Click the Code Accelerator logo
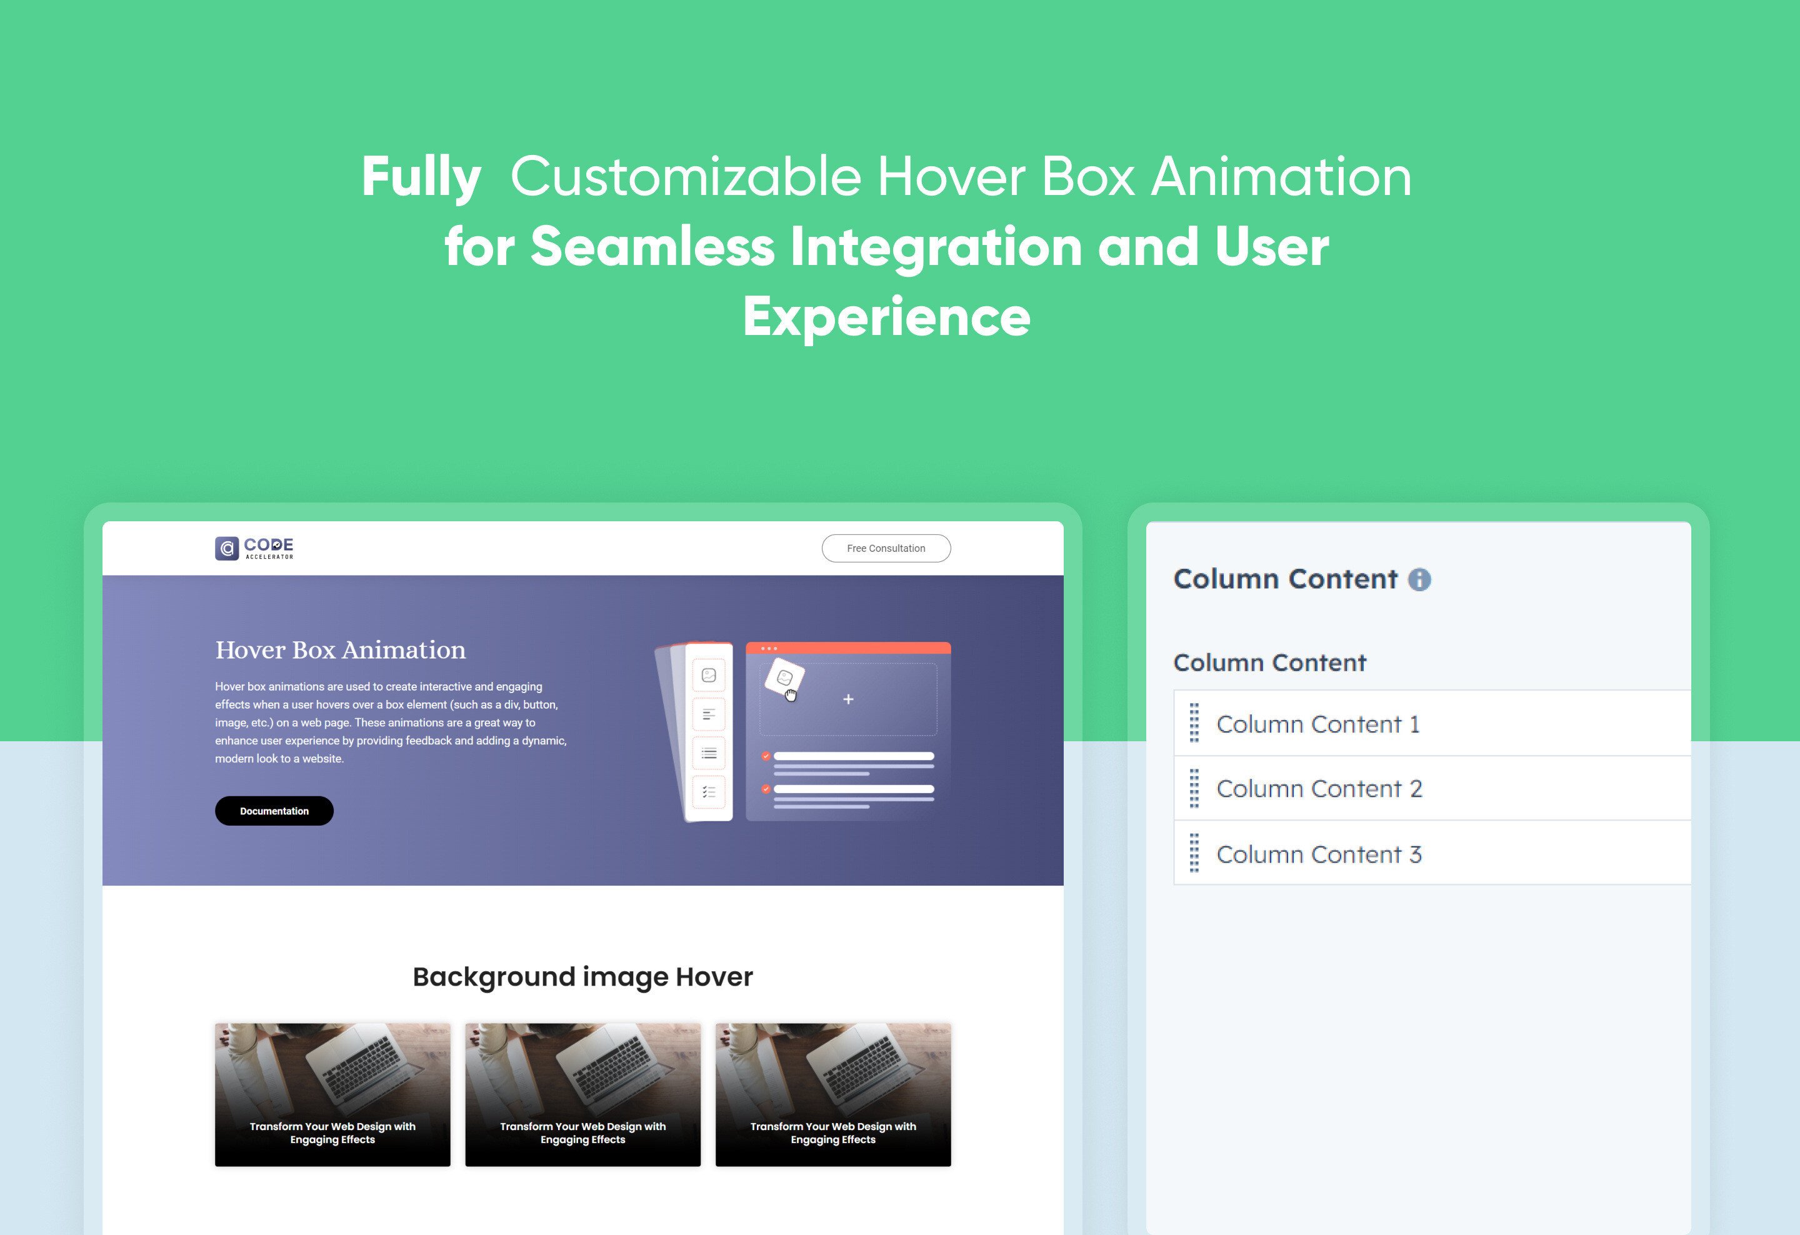click(x=254, y=548)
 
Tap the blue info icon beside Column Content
click(x=1419, y=579)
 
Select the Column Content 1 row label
click(x=1317, y=724)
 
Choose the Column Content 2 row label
click(x=1319, y=788)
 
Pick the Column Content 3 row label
click(x=1319, y=854)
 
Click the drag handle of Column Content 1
click(x=1194, y=723)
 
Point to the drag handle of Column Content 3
click(x=1194, y=853)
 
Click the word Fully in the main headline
click(x=421, y=177)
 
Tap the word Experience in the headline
click(x=886, y=317)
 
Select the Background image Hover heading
click(x=582, y=977)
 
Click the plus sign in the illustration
click(x=848, y=699)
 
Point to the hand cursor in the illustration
click(x=790, y=694)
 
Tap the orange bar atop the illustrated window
click(x=847, y=648)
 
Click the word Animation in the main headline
click(x=1281, y=177)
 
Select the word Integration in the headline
click(x=936, y=247)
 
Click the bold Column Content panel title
click(x=1285, y=579)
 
